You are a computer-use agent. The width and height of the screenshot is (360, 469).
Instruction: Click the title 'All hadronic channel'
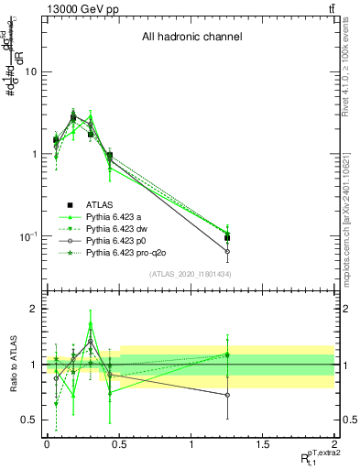[x=191, y=38]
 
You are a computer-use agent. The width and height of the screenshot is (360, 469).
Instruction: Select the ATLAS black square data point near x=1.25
[x=227, y=238]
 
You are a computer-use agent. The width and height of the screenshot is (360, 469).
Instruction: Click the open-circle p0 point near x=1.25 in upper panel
[x=227, y=251]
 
